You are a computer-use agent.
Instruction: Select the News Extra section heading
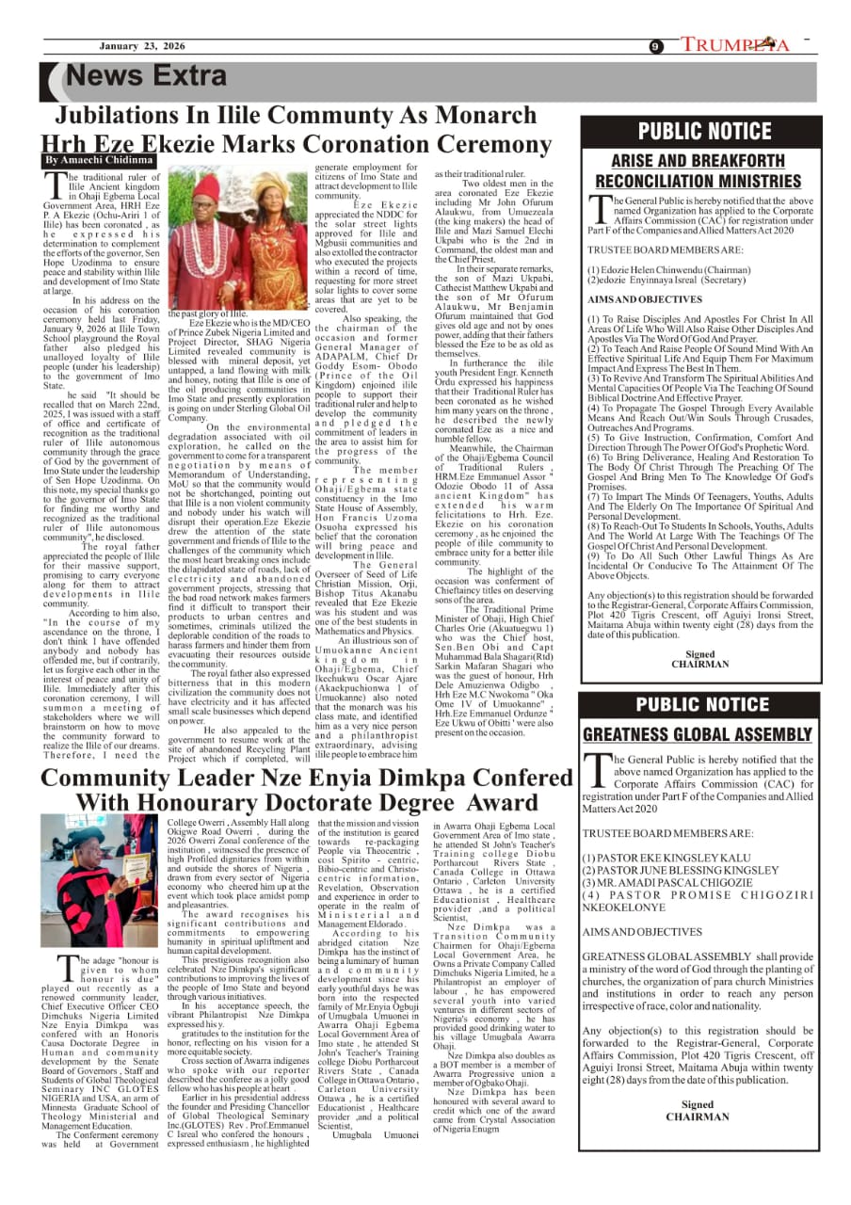pyautogui.click(x=147, y=76)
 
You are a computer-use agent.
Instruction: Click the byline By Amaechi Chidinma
pyautogui.click(x=99, y=161)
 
